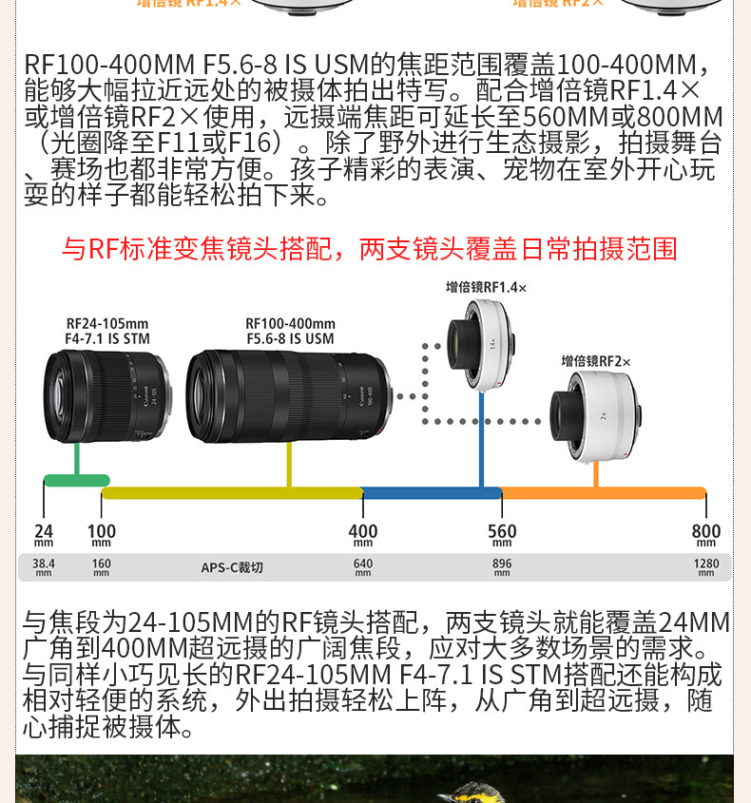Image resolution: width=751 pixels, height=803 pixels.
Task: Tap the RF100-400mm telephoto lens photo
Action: coord(288,396)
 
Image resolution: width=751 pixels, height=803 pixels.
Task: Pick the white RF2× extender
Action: coord(596,414)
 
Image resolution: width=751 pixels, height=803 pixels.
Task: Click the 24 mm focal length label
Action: coord(44,534)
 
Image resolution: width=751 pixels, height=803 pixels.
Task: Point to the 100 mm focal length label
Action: coord(102,534)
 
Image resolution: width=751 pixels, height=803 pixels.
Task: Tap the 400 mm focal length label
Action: coord(362,534)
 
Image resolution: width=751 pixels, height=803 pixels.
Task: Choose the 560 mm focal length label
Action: coord(502,534)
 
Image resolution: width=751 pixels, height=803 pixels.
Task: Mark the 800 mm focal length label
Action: coord(705,534)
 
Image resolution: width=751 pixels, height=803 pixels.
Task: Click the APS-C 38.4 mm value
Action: coord(44,566)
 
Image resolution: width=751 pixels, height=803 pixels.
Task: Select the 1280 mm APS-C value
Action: coord(705,566)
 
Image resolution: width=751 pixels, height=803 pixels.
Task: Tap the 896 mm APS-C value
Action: coord(502,566)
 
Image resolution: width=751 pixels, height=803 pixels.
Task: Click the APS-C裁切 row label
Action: coord(231,567)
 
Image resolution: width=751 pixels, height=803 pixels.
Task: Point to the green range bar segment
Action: coord(77,480)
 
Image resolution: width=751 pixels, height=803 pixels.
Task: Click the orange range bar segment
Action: coord(604,492)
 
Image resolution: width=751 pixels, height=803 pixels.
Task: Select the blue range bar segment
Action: coord(432,492)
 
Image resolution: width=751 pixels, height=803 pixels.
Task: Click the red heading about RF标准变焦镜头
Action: coord(369,249)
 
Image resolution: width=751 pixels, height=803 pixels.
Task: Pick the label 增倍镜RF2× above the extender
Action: coord(596,361)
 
